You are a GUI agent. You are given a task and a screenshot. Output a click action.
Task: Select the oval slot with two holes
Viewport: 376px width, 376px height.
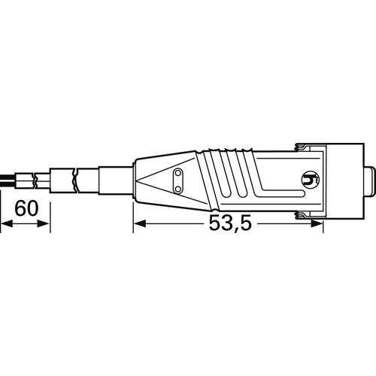pyautogui.click(x=178, y=178)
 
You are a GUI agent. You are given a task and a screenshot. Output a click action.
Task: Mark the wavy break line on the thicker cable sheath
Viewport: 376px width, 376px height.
pyautogui.click(x=73, y=179)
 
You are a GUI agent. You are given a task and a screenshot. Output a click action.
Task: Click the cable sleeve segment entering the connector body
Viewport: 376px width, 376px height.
pyautogui.click(x=117, y=179)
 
